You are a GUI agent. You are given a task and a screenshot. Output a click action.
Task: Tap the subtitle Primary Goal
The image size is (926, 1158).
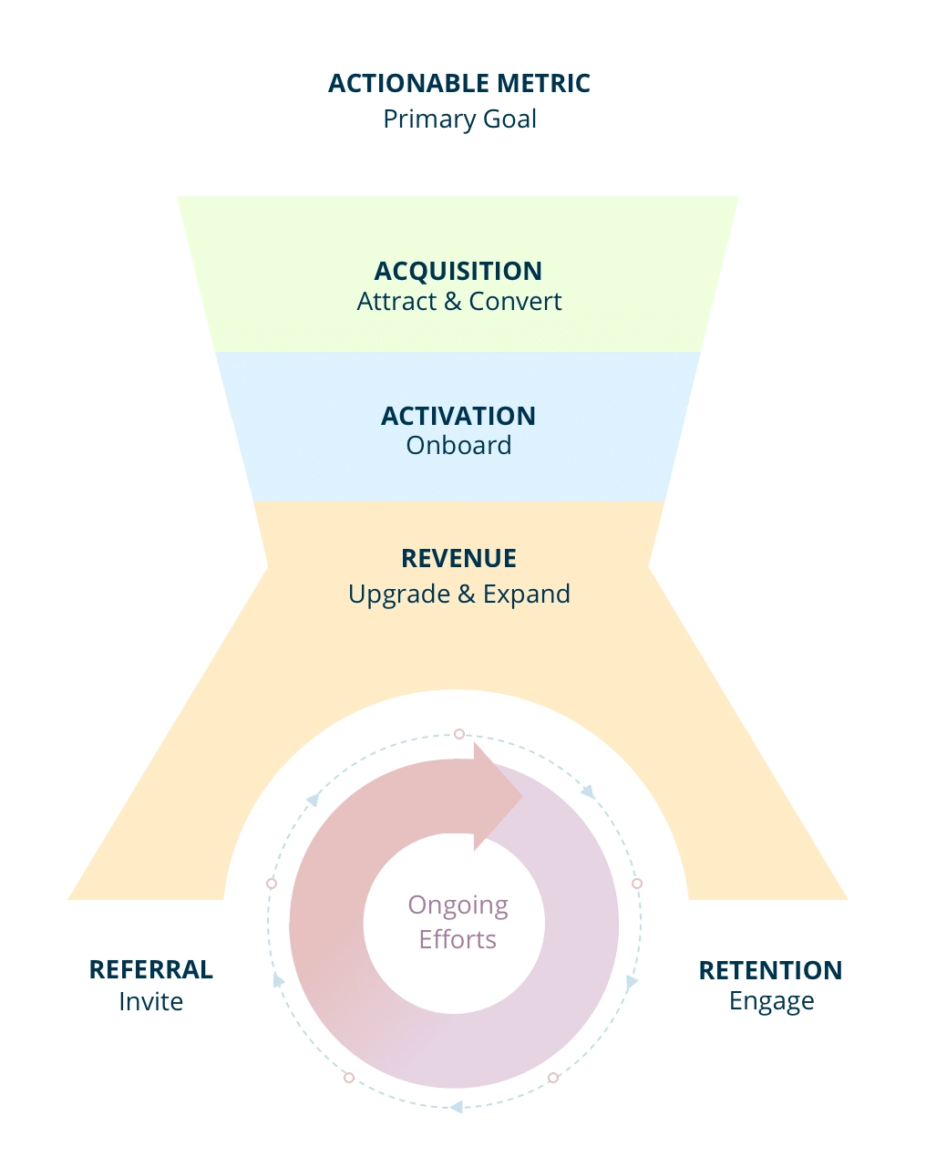click(459, 119)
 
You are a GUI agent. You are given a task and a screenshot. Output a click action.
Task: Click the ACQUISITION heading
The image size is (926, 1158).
click(458, 271)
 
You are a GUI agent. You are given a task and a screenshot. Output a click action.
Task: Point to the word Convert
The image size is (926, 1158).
click(515, 302)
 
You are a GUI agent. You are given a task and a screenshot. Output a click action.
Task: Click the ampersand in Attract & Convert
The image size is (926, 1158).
click(453, 302)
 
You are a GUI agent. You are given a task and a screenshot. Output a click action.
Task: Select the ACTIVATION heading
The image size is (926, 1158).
click(458, 416)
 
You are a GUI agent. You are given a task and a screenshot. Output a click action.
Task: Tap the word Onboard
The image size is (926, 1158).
click(458, 446)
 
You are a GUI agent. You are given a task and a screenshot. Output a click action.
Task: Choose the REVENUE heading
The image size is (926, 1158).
click(458, 558)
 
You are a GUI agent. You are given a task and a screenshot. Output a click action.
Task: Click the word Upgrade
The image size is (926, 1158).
click(399, 595)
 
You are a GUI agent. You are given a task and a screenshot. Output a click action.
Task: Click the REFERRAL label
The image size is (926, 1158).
click(151, 969)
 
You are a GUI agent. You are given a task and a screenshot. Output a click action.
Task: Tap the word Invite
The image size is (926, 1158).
click(151, 1001)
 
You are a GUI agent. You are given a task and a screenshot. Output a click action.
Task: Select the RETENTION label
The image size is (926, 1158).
click(770, 970)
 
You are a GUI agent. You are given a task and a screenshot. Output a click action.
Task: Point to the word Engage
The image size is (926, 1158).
click(771, 1001)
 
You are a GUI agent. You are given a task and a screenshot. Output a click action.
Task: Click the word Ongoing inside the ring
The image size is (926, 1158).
click(458, 905)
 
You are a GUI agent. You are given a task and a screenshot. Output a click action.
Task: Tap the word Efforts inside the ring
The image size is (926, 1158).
click(458, 939)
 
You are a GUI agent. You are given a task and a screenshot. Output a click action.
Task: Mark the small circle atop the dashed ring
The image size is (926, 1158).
click(459, 734)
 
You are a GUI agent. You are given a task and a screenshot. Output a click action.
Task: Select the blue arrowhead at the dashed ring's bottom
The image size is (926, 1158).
click(456, 1107)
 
